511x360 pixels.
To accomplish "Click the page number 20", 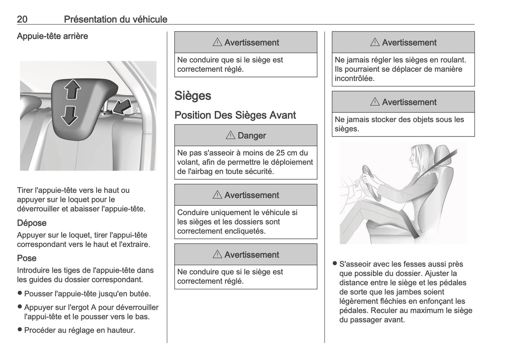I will (x=22, y=19).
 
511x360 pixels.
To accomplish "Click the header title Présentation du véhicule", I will (x=115, y=19).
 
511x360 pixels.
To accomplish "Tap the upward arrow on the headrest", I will (x=71, y=89).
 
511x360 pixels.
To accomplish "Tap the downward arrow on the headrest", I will (x=69, y=115).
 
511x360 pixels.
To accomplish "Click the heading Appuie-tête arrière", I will (x=52, y=36).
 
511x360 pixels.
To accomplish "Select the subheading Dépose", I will (x=31, y=223).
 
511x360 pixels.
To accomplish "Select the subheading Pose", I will (x=27, y=258).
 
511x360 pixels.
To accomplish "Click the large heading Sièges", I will (x=193, y=96).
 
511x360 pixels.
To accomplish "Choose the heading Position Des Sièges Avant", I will (x=235, y=115).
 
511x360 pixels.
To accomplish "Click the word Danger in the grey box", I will (x=251, y=135).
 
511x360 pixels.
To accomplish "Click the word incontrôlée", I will (x=354, y=78).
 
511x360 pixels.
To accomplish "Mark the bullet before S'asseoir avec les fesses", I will (x=335, y=264).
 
